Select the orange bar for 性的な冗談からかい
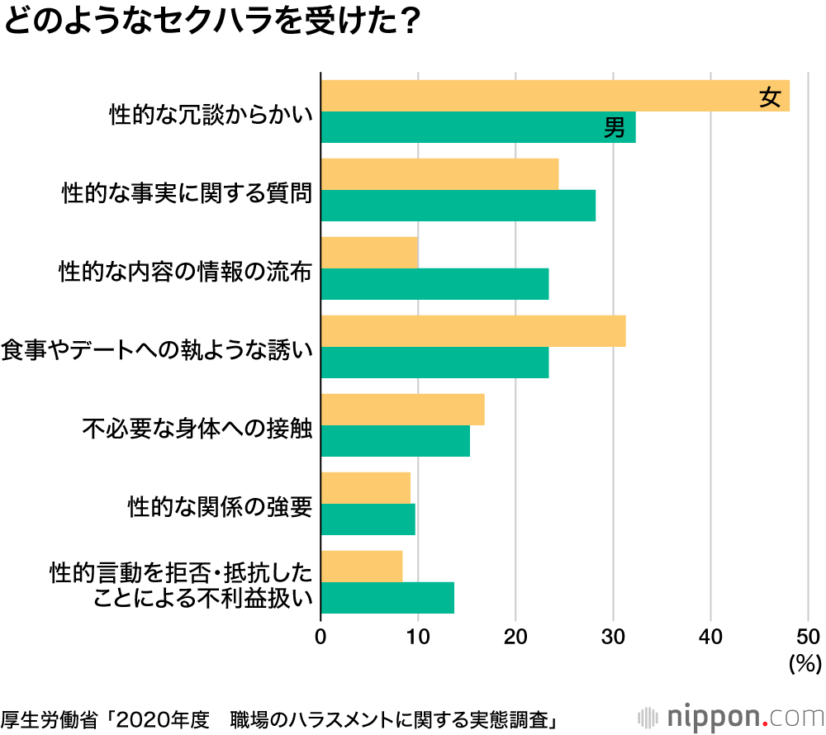pos(554,96)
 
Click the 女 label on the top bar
pos(770,97)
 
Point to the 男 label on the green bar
pos(615,128)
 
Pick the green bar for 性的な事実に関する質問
pos(458,205)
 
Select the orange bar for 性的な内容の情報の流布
pos(369,252)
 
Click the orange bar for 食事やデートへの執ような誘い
pos(472,331)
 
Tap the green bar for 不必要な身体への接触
pos(395,441)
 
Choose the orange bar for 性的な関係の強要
pos(365,487)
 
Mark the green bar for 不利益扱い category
pos(387,597)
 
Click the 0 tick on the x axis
pos(320,636)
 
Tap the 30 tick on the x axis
pos(613,636)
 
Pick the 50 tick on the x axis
pos(808,636)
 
